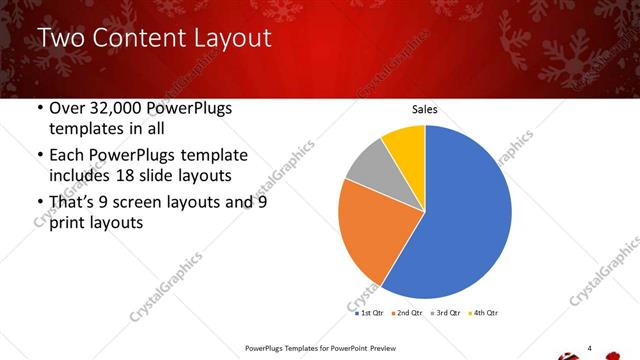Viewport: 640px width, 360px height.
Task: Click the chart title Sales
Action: [425, 110]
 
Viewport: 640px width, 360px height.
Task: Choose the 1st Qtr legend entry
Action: [369, 313]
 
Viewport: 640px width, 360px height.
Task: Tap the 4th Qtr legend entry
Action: [484, 313]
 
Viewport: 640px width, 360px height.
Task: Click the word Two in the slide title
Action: [61, 39]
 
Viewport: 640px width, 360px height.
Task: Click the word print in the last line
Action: [68, 224]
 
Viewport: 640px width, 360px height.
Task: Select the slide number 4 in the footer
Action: [590, 347]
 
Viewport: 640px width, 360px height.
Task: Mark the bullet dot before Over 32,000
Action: [38, 109]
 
